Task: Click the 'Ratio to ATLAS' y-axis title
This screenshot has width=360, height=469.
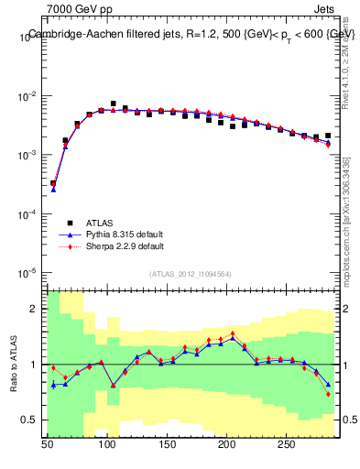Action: [x=12, y=363]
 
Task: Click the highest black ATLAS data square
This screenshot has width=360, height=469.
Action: [x=114, y=104]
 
